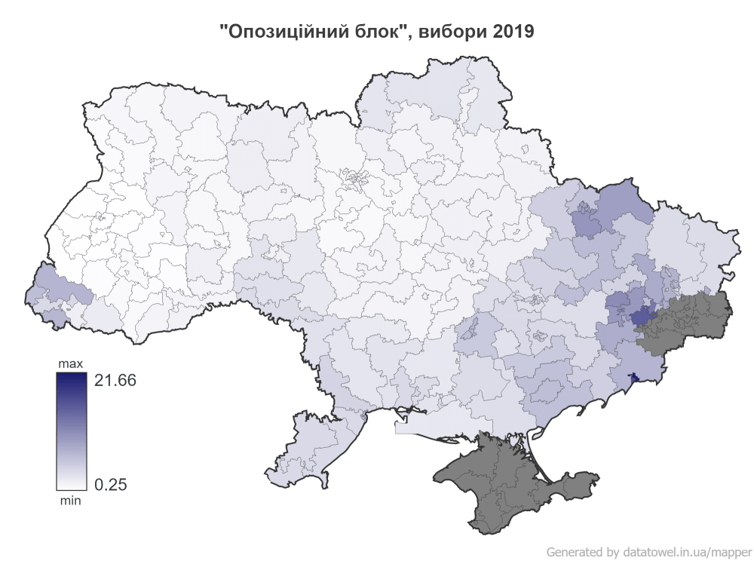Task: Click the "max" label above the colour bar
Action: click(x=71, y=365)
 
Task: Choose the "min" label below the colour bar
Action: click(x=71, y=499)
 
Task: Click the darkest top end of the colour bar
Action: click(x=71, y=378)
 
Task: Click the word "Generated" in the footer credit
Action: click(x=575, y=550)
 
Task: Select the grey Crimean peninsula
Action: click(x=513, y=483)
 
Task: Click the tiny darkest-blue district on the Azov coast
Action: click(x=633, y=376)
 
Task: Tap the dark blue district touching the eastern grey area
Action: click(x=642, y=317)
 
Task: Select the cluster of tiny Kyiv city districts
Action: click(x=353, y=179)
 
